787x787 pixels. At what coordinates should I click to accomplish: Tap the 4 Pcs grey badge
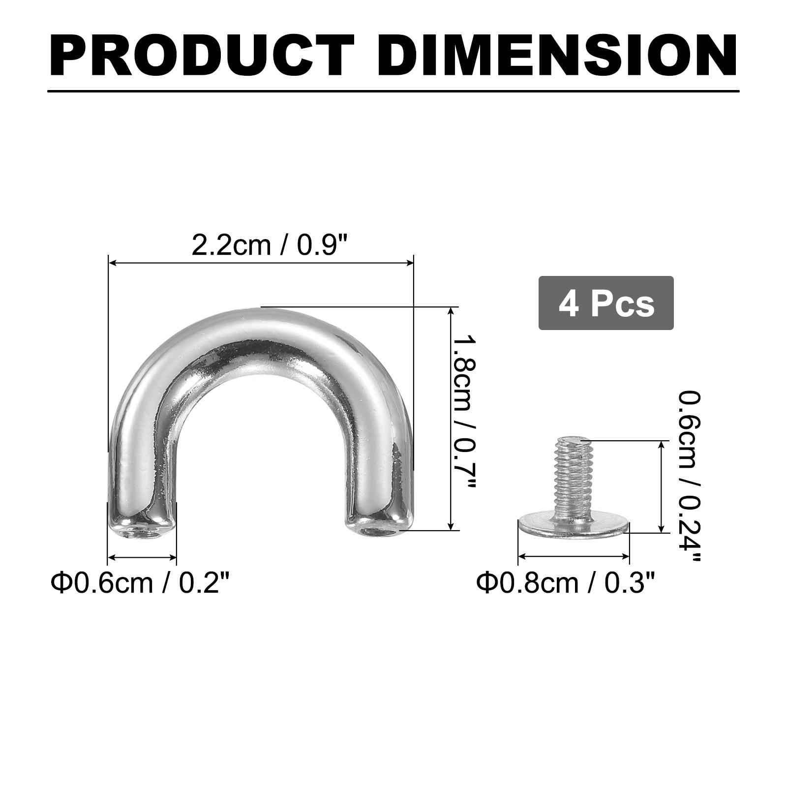click(606, 303)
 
